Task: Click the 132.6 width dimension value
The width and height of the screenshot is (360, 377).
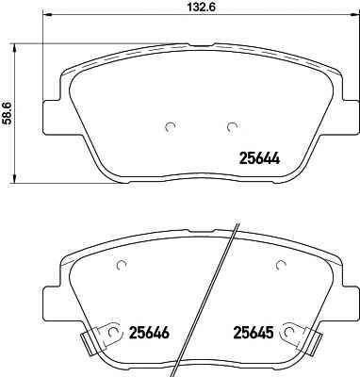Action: (201, 7)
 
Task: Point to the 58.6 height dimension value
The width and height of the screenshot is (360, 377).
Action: (8, 113)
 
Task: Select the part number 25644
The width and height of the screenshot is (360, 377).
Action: (259, 158)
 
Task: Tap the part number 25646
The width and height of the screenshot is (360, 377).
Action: (149, 332)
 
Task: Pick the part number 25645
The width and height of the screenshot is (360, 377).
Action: (253, 332)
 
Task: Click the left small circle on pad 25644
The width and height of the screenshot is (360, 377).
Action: (171, 126)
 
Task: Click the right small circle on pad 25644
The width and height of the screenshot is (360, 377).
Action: (232, 126)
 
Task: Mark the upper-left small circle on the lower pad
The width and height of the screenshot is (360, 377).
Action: (122, 266)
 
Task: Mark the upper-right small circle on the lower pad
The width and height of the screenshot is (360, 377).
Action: (281, 266)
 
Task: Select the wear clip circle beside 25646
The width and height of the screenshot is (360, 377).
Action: (113, 332)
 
